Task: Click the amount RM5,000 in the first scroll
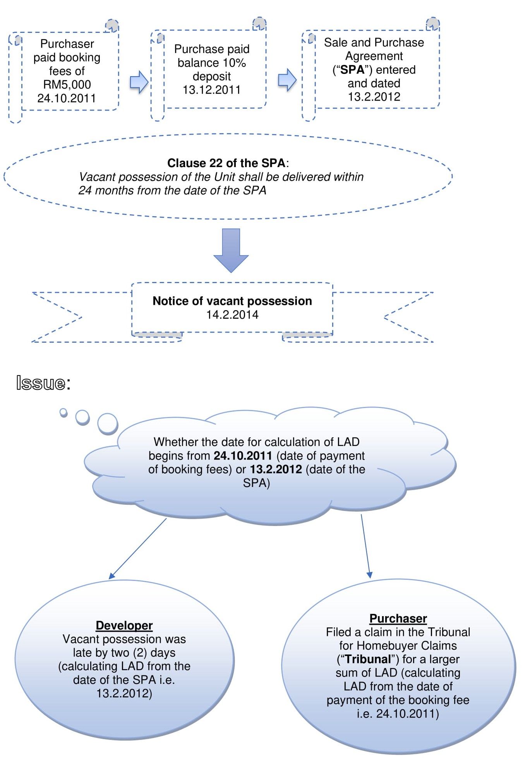67,84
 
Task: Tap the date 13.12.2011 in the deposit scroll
211,90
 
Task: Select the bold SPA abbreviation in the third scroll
352,70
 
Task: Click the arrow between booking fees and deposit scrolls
139,82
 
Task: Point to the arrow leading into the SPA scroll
287,80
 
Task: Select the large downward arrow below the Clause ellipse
231,249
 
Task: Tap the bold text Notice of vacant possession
232,301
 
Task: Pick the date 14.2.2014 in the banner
232,314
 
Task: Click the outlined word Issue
41,383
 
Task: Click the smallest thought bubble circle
63,413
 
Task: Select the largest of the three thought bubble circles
108,424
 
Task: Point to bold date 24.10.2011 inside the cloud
243,456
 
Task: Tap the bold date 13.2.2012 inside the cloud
276,469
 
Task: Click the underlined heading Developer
124,625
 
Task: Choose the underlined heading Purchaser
398,618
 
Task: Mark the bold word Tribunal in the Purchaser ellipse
368,659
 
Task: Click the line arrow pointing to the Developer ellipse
138,548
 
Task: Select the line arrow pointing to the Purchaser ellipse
365,545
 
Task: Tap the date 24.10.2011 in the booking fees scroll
67,98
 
